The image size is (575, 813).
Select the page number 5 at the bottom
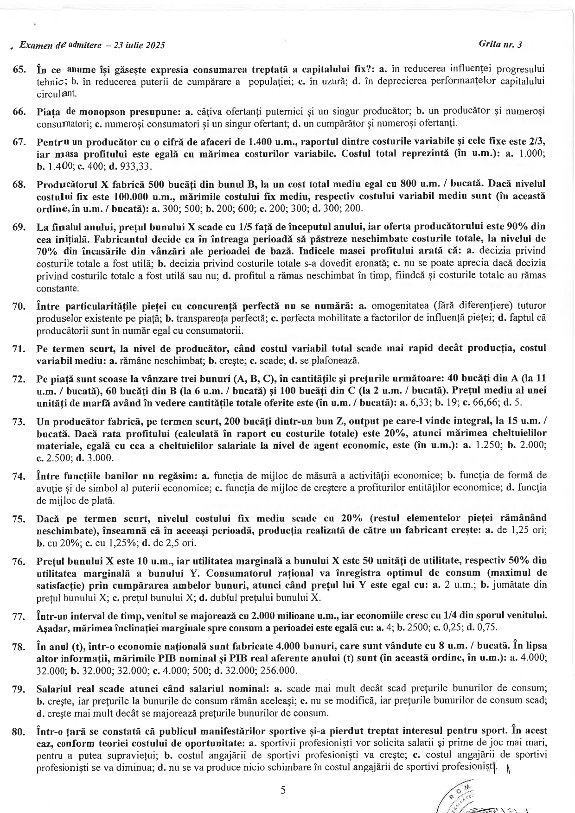283,790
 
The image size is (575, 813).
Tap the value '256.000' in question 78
281,671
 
